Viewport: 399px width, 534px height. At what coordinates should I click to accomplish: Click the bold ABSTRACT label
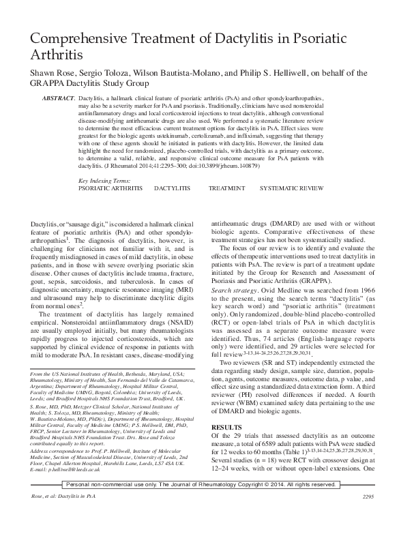click(x=58, y=100)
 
